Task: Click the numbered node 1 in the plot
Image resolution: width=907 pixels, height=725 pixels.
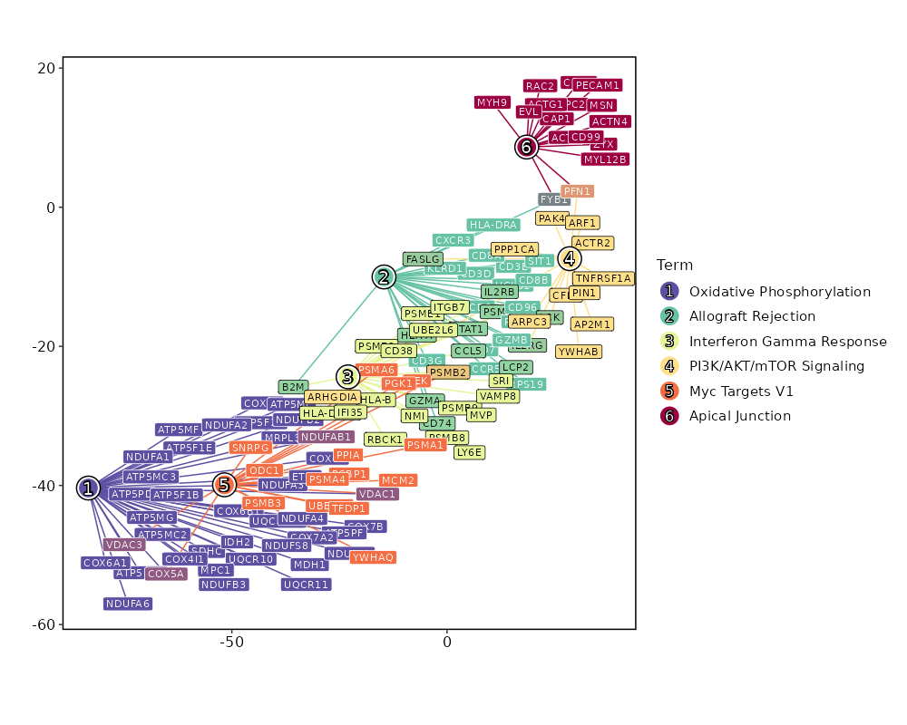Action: click(88, 488)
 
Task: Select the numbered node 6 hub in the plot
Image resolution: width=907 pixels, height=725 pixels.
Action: click(527, 146)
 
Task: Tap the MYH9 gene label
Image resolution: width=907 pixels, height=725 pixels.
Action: click(493, 102)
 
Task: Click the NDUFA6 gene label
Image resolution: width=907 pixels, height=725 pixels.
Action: click(128, 604)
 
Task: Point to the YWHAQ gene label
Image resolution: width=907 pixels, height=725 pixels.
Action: click(373, 557)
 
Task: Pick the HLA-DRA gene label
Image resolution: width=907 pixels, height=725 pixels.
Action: click(493, 225)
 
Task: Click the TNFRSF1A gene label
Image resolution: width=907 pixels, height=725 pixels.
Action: click(603, 278)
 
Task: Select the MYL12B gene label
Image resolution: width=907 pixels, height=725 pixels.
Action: click(605, 159)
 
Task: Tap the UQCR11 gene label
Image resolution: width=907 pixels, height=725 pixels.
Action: click(306, 585)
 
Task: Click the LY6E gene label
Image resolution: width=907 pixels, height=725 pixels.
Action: click(470, 452)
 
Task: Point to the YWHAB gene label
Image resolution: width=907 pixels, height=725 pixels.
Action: click(579, 352)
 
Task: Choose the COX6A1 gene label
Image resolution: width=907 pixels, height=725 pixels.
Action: click(105, 563)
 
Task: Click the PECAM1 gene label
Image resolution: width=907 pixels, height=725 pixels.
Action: click(598, 85)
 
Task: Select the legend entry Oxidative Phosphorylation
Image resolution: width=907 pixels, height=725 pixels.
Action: click(779, 292)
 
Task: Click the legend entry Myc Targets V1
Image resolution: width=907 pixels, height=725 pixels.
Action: click(741, 391)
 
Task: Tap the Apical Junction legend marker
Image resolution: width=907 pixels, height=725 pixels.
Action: click(669, 416)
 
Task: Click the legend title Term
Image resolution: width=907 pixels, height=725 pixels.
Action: click(676, 266)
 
